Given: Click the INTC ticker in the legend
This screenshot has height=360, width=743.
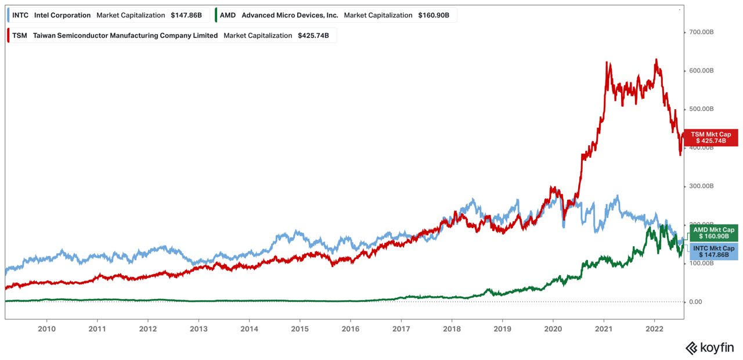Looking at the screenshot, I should click(20, 15).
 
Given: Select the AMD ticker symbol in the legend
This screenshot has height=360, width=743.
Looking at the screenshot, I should click(228, 15).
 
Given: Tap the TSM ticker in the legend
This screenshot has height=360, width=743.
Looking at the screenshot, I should click(20, 35).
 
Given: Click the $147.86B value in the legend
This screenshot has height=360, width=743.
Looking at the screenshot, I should click(186, 15).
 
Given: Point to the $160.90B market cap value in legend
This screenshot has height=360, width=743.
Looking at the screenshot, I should click(434, 15).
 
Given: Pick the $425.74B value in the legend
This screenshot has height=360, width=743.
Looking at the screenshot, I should click(313, 35).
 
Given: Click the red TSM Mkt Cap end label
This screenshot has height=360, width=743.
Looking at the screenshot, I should click(710, 138).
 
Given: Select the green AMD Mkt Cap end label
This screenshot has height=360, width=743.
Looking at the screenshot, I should click(713, 233).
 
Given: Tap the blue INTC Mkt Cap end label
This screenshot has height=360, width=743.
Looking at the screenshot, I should click(713, 251).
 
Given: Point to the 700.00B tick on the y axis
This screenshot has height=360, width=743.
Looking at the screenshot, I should click(701, 32).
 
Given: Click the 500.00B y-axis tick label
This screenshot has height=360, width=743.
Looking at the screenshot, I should click(701, 109).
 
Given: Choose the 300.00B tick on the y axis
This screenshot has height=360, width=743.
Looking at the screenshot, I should click(701, 186).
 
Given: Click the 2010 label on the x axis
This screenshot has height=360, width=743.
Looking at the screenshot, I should click(46, 328).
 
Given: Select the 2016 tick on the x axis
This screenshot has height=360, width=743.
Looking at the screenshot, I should click(350, 328).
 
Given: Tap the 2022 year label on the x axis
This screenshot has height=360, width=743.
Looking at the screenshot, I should click(654, 328).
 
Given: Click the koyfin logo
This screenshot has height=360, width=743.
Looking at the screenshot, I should click(710, 348).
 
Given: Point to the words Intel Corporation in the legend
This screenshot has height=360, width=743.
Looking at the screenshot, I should click(62, 15).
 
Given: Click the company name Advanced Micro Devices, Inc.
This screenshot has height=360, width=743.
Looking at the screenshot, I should click(290, 15).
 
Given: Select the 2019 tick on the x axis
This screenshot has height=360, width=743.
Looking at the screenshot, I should click(502, 328).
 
